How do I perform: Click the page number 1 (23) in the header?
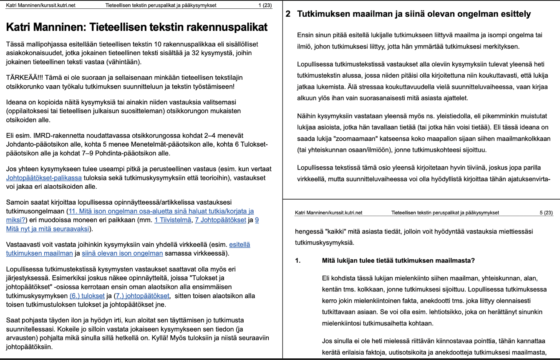[x=265, y=5]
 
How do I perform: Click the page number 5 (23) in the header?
[x=546, y=213]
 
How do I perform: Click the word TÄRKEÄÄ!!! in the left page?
[x=23, y=78]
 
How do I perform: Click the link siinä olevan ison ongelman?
[x=122, y=253]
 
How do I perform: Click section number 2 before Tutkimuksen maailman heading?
[x=288, y=14]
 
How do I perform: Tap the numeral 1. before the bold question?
[x=298, y=261]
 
